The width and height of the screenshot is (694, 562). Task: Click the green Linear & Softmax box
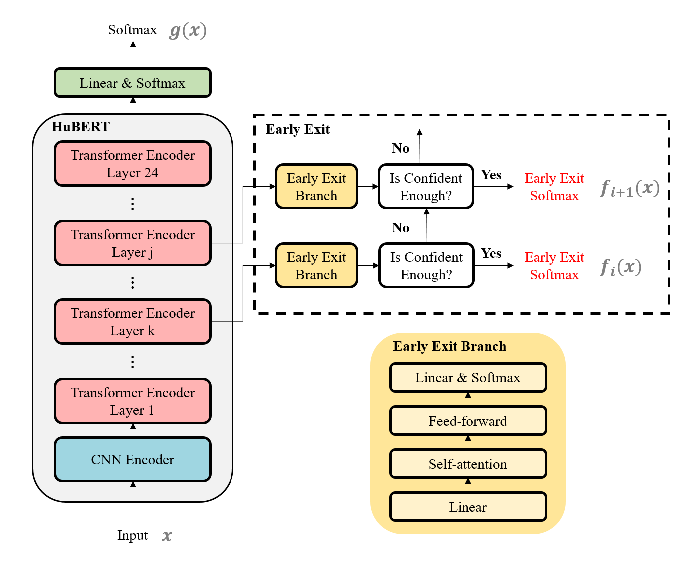pos(132,83)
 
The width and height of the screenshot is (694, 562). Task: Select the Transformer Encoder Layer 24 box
pos(132,164)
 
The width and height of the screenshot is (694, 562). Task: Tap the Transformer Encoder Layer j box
pos(132,243)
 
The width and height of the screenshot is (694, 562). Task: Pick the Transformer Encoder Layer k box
pos(132,322)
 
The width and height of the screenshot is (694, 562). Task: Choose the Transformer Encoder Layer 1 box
pos(132,401)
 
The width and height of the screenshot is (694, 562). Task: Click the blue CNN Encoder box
pos(132,460)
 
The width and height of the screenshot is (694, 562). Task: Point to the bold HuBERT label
pos(81,127)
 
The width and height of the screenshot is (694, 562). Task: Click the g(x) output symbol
pos(188,31)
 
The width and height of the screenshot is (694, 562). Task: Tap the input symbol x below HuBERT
pos(167,536)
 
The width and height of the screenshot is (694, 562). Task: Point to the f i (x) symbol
pos(620,267)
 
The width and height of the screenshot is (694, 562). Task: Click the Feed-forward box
pos(467,421)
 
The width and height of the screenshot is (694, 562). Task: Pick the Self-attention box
pos(467,464)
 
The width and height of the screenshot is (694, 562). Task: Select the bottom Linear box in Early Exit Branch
pos(467,507)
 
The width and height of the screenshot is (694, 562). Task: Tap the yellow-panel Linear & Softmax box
pos(467,378)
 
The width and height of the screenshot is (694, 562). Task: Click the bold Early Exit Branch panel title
pos(450,346)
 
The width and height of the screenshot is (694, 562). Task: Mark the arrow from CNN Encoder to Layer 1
pos(133,430)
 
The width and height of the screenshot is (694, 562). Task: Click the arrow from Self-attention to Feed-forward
pos(468,442)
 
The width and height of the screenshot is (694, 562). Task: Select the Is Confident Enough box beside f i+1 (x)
pos(426,187)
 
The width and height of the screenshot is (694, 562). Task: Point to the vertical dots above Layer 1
pos(132,362)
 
